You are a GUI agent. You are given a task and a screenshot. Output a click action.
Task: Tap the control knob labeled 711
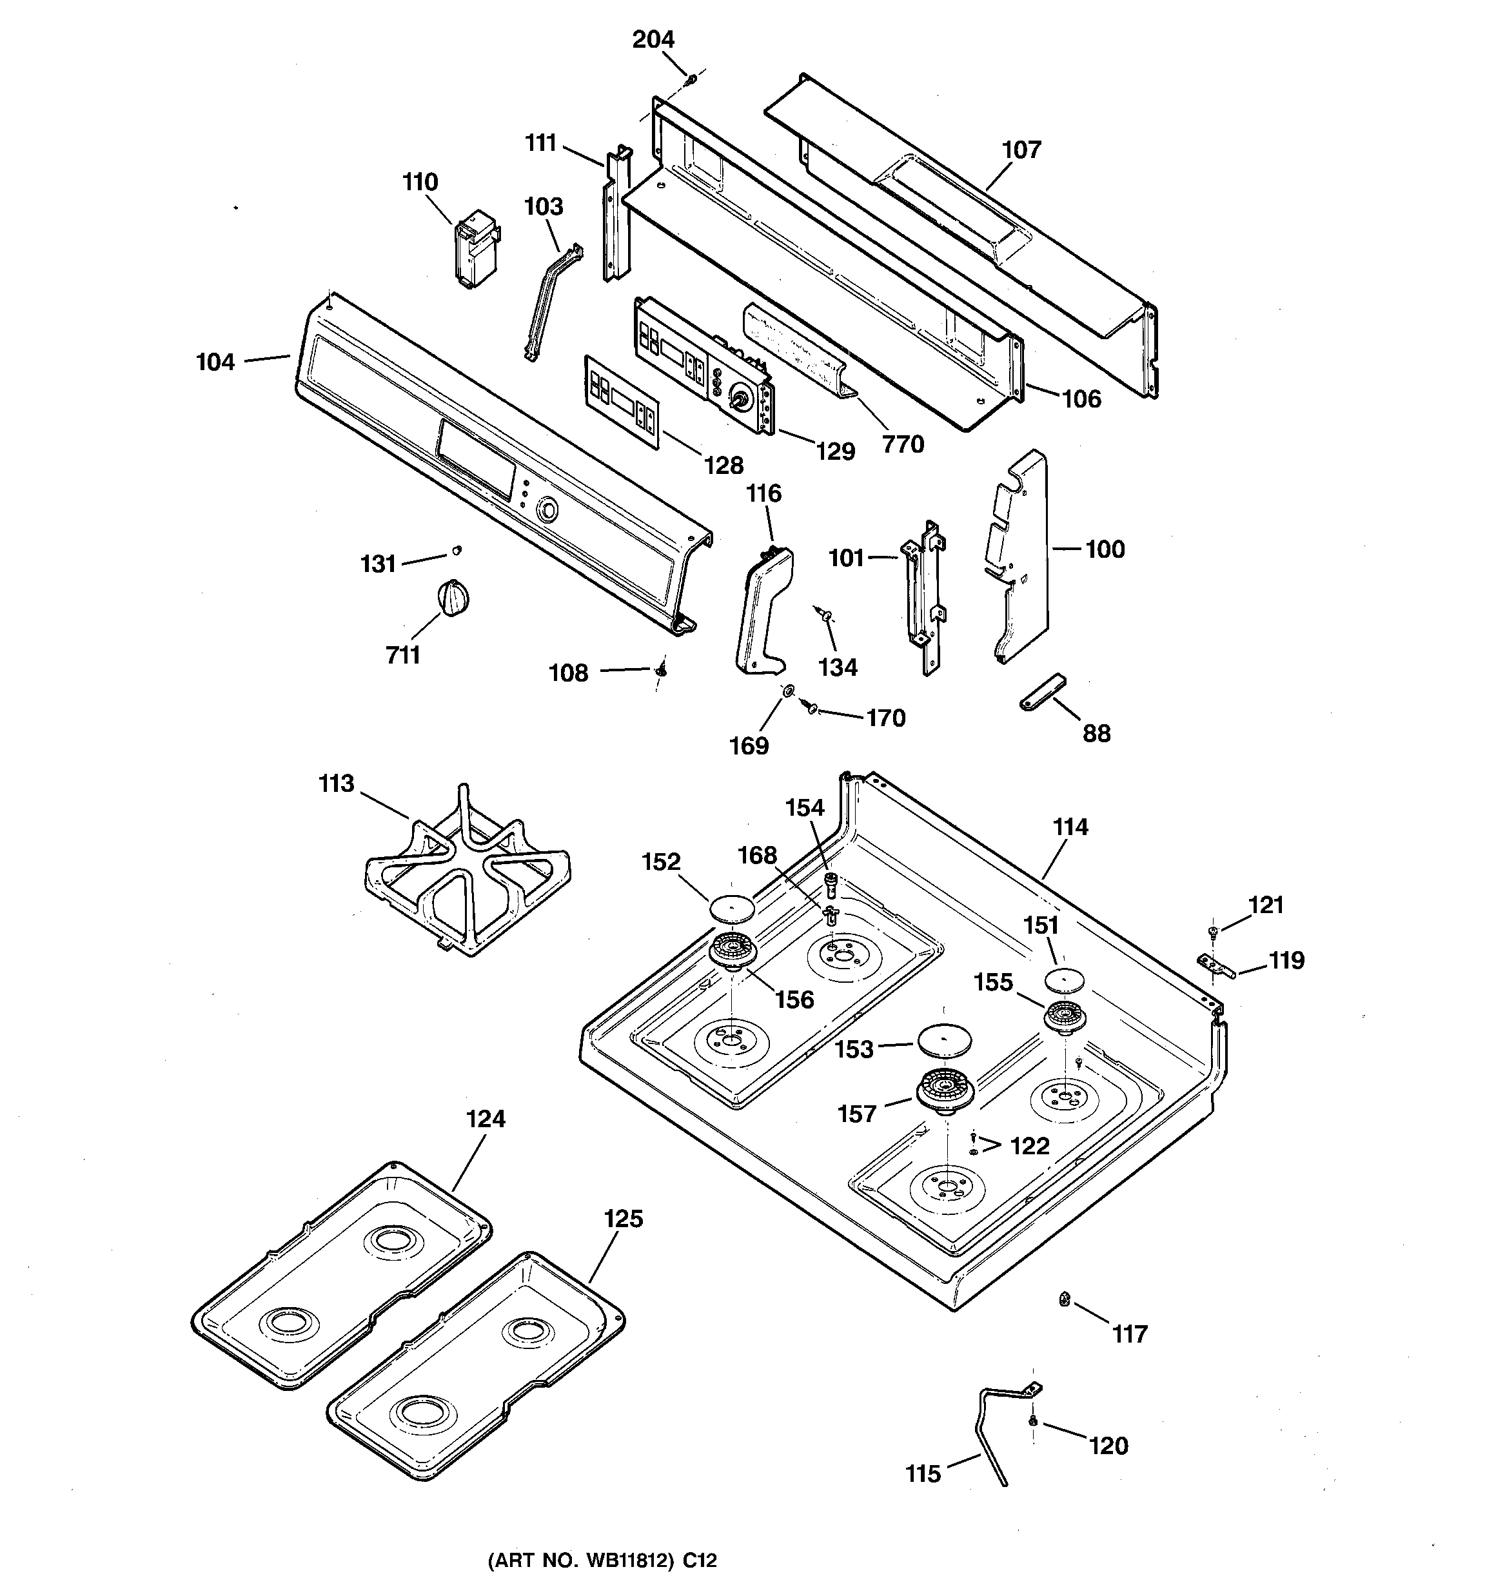pyautogui.click(x=453, y=600)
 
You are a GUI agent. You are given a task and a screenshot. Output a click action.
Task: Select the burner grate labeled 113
pyautogui.click(x=468, y=871)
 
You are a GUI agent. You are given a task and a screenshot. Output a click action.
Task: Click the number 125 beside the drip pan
pyautogui.click(x=623, y=1219)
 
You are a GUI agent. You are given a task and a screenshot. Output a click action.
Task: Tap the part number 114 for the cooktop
pyautogui.click(x=1070, y=827)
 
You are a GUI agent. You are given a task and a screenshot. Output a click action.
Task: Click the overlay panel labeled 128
pyautogui.click(x=622, y=401)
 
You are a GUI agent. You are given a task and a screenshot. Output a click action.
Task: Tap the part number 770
pyautogui.click(x=903, y=444)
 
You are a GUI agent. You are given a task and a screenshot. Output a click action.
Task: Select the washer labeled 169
pyautogui.click(x=789, y=691)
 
